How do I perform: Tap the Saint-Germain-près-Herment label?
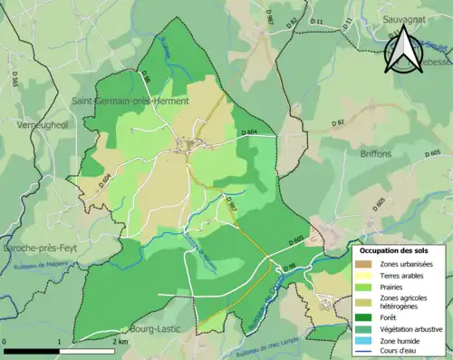coord(130,102)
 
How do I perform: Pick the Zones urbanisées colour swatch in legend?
coord(362,263)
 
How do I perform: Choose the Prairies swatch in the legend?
coord(362,287)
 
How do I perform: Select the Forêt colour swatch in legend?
coord(362,317)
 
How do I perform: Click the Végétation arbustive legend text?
coord(410,329)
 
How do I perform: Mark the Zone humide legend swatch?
coord(362,341)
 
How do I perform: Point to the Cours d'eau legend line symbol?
coord(362,352)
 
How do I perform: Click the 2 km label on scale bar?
coord(121,342)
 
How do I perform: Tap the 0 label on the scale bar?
coord(6,342)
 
